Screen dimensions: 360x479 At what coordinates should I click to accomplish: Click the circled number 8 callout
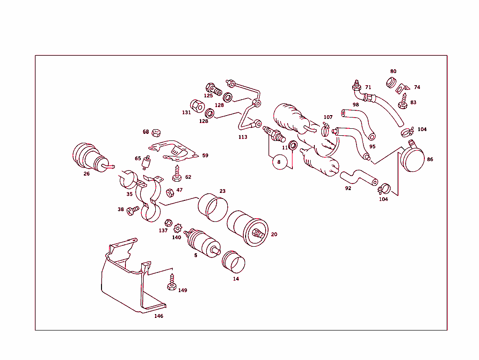[x=279, y=162]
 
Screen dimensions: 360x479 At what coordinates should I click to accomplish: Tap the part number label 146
[x=159, y=316]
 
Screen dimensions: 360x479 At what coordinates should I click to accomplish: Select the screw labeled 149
[x=172, y=283]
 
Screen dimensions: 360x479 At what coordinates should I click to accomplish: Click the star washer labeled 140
[x=177, y=229]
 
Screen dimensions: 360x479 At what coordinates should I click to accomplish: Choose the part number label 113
[x=242, y=137]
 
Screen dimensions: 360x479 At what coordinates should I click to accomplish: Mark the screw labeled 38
[x=133, y=211]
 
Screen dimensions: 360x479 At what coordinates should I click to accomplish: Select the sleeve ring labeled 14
[x=232, y=262]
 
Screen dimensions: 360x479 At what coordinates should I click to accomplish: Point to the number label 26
[x=87, y=174]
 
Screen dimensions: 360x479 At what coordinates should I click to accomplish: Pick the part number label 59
[x=205, y=155]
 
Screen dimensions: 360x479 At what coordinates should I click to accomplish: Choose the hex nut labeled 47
[x=170, y=191]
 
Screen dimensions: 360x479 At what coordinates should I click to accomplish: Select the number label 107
[x=328, y=117]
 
